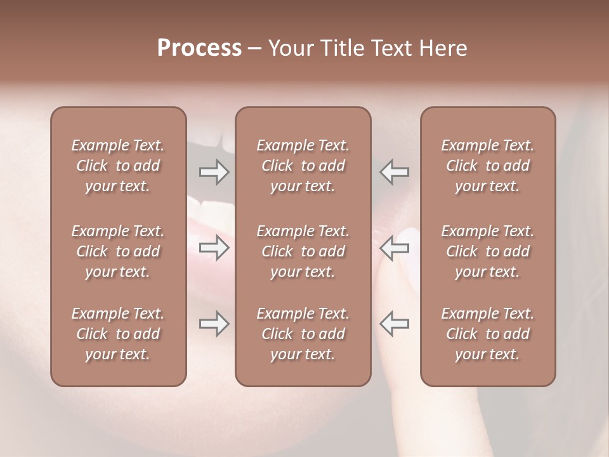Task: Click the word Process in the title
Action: (199, 48)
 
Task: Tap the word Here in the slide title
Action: (443, 48)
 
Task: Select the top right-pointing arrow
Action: (214, 172)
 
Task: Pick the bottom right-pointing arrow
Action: (214, 324)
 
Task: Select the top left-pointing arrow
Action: (395, 172)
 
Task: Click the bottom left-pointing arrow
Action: (395, 324)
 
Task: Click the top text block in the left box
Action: (118, 166)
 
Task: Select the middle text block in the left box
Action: (118, 251)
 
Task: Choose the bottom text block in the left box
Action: (118, 334)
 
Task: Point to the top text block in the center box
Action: (303, 166)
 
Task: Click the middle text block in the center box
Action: (303, 251)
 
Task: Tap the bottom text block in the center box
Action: (303, 334)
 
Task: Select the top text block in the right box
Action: (488, 166)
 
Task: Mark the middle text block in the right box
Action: (488, 251)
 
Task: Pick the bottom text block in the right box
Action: (488, 334)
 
